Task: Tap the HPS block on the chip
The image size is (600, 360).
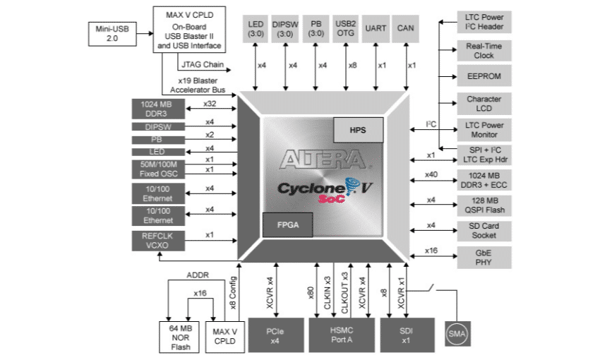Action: click(x=358, y=130)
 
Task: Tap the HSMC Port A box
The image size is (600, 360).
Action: click(x=340, y=335)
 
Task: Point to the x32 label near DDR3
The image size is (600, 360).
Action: click(x=210, y=104)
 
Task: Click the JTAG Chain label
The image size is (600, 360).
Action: click(x=204, y=66)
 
